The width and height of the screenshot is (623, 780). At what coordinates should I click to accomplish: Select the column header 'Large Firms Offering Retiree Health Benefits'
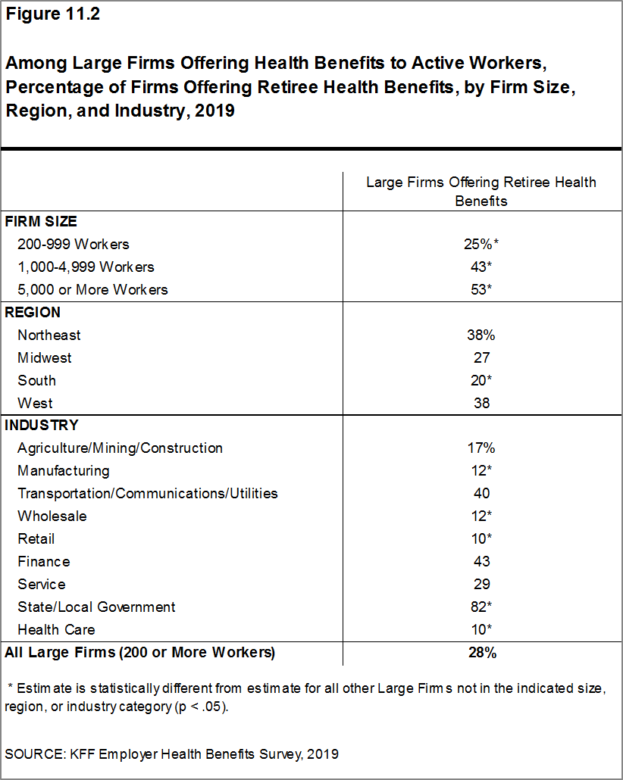pyautogui.click(x=481, y=192)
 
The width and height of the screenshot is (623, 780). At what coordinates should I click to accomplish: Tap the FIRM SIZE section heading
pyautogui.click(x=41, y=222)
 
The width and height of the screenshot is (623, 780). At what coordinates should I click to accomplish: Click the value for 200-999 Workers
pyautogui.click(x=481, y=245)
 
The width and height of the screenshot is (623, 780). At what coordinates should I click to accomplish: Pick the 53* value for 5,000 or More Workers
pyautogui.click(x=481, y=290)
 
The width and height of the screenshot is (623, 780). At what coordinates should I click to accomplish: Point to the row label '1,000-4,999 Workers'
pyautogui.click(x=86, y=267)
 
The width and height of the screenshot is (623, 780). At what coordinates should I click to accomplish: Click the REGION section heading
pyautogui.click(x=33, y=312)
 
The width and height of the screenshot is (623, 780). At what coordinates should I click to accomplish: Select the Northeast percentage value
pyautogui.click(x=481, y=335)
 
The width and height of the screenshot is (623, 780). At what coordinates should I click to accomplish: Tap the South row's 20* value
pyautogui.click(x=481, y=380)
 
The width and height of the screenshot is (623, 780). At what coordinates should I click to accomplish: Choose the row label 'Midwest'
pyautogui.click(x=45, y=357)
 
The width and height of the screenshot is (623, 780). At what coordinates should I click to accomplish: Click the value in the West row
pyautogui.click(x=481, y=403)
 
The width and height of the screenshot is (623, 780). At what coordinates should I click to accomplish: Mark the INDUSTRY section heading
pyautogui.click(x=42, y=426)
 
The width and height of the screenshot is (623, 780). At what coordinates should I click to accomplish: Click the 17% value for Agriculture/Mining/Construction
pyautogui.click(x=481, y=448)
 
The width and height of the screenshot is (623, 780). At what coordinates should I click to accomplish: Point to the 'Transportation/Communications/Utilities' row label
pyautogui.click(x=148, y=494)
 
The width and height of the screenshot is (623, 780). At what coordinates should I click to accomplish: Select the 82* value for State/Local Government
pyautogui.click(x=481, y=607)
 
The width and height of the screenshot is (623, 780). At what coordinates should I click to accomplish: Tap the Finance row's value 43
pyautogui.click(x=481, y=562)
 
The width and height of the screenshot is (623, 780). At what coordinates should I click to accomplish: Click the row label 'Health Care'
pyautogui.click(x=56, y=630)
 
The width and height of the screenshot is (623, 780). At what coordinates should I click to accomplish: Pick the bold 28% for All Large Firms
pyautogui.click(x=481, y=653)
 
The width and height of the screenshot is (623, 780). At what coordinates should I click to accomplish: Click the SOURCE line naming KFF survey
pyautogui.click(x=171, y=754)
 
